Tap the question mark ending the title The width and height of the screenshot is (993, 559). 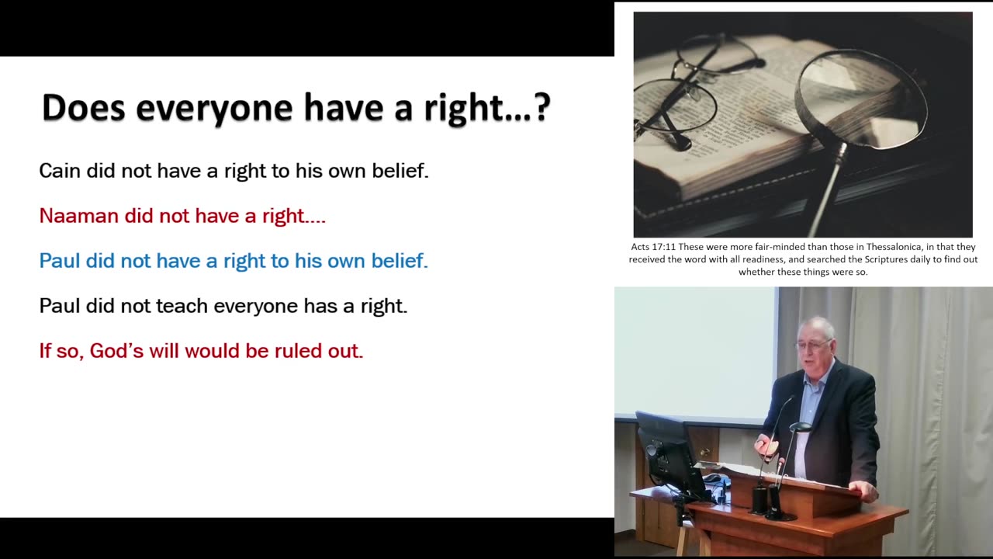pos(542,106)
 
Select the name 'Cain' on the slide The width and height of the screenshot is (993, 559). pos(60,171)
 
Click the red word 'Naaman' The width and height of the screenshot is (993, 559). pos(79,216)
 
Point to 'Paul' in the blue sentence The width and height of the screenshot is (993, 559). pos(60,260)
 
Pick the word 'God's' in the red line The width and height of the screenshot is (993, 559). pos(116,351)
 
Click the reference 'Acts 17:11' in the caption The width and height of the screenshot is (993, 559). pos(653,247)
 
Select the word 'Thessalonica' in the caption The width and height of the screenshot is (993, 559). pos(894,247)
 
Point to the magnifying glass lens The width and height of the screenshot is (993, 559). pos(861,98)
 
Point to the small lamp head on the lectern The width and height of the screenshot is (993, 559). pos(799,427)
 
